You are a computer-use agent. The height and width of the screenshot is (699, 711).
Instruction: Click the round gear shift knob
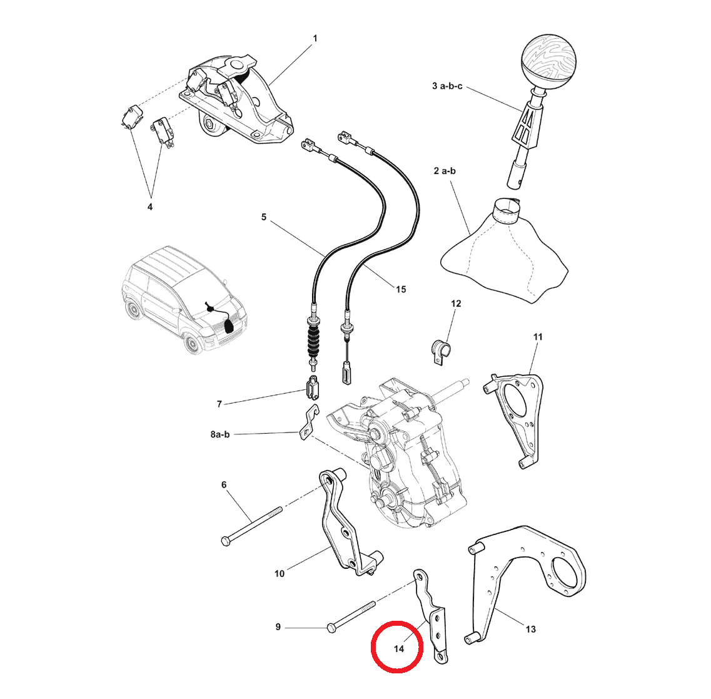(x=548, y=59)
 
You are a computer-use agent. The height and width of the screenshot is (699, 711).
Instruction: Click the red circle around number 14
(x=397, y=646)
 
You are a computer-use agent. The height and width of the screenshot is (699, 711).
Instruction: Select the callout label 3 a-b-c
(x=447, y=86)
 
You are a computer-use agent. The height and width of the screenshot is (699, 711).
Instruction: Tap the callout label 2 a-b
(x=445, y=171)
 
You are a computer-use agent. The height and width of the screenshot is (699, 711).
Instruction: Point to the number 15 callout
(x=401, y=290)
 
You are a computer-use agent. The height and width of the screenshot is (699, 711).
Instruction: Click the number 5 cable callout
(x=263, y=217)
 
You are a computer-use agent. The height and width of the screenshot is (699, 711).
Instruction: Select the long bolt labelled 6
(x=251, y=526)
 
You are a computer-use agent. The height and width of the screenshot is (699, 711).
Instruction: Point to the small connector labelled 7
(x=313, y=387)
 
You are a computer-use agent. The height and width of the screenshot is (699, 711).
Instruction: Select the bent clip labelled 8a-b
(x=310, y=422)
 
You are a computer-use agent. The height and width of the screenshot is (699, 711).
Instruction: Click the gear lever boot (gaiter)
(x=505, y=252)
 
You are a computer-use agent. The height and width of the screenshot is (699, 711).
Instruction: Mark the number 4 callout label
(x=150, y=207)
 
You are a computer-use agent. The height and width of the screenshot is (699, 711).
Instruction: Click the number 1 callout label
(x=315, y=39)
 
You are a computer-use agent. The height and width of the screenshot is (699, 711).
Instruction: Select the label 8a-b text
(x=220, y=434)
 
